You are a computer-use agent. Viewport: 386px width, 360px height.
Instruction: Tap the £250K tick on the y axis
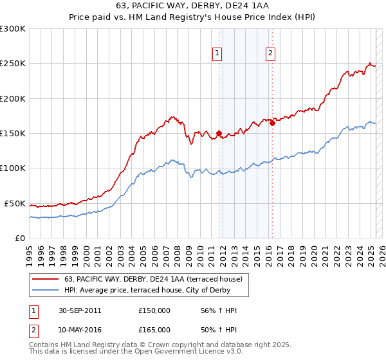(x=13, y=64)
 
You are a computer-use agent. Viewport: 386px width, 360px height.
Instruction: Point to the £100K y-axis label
(x=13, y=168)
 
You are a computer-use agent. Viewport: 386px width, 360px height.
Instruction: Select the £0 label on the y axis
(x=21, y=238)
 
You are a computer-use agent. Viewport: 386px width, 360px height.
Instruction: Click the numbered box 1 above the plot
(x=217, y=54)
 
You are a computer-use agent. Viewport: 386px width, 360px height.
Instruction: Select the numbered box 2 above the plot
(x=270, y=54)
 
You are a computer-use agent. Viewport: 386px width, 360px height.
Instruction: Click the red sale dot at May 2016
(x=272, y=123)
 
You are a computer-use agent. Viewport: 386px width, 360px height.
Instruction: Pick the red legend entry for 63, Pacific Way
(x=153, y=279)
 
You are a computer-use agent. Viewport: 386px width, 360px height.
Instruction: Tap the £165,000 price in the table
(x=154, y=329)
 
